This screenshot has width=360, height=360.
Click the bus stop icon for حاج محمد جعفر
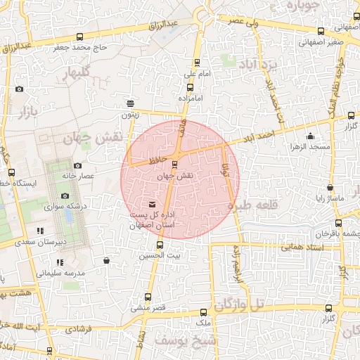point(79,37)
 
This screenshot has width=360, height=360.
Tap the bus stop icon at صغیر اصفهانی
point(321,31)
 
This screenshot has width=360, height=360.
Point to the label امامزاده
point(190,98)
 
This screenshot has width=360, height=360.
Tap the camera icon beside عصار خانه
point(77,165)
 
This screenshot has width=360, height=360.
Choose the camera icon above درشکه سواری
point(65,196)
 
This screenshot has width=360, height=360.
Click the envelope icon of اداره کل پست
point(153,204)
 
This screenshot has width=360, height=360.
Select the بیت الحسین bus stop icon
point(160,245)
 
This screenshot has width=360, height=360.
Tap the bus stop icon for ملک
point(204,312)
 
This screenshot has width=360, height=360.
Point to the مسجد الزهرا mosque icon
point(310,136)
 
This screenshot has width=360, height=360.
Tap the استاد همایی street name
point(301,247)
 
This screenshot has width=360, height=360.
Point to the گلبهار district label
point(76,74)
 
